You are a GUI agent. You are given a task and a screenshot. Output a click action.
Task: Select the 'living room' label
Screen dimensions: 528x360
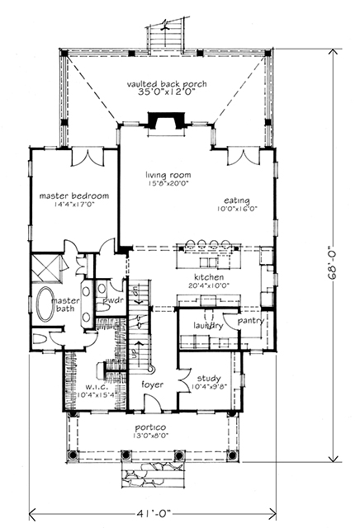163,175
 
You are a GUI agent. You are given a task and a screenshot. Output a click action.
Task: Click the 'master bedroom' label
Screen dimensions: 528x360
74,196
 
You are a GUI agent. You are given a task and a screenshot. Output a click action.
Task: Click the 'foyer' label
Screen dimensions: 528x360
150,384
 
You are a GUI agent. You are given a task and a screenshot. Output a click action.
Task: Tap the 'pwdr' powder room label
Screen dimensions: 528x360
112,303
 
